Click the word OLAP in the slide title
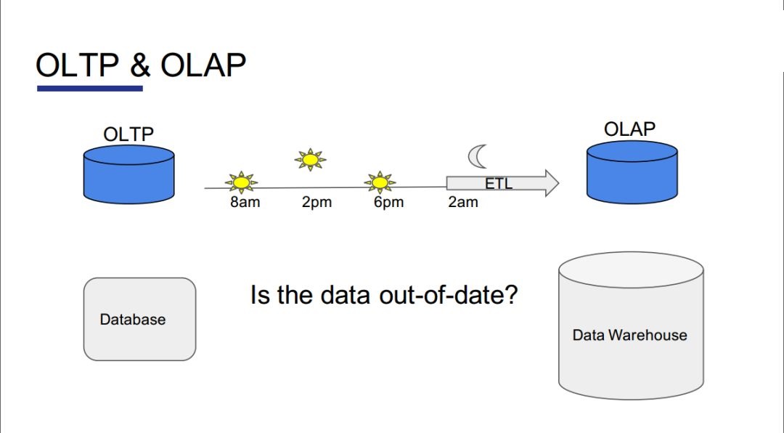(x=203, y=65)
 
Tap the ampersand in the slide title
(x=140, y=65)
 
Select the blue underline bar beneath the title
(x=90, y=89)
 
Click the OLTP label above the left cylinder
(x=128, y=134)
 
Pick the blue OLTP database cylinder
(x=129, y=174)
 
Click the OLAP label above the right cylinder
(x=629, y=129)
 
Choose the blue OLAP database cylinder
(x=632, y=172)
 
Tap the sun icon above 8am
(x=242, y=182)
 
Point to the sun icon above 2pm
(x=311, y=160)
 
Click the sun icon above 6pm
(x=380, y=182)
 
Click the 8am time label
(x=245, y=202)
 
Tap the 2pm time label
(x=317, y=202)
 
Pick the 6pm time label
(x=388, y=202)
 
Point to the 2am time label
(x=463, y=202)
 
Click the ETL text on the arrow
(x=499, y=184)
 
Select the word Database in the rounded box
(x=133, y=320)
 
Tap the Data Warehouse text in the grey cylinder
(x=629, y=335)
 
